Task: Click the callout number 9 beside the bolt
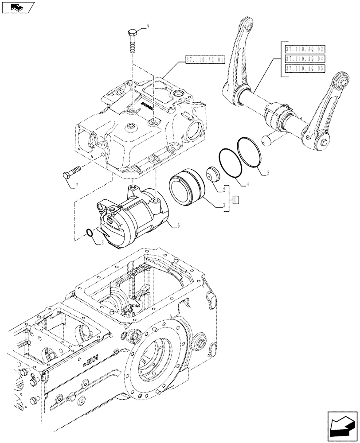[x=148, y=26]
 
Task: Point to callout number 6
[x=178, y=225]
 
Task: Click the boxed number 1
[x=237, y=199]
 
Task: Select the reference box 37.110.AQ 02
[x=305, y=48]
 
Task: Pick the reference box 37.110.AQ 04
[x=305, y=58]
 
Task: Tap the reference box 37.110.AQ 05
[x=305, y=69]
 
